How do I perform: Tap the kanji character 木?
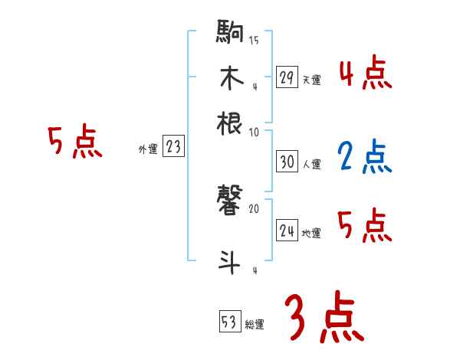(x=231, y=79)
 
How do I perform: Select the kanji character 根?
(x=231, y=123)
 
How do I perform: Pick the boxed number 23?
(x=173, y=147)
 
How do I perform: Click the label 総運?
(x=255, y=323)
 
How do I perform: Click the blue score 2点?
(x=364, y=157)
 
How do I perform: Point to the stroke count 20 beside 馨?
(x=254, y=208)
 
